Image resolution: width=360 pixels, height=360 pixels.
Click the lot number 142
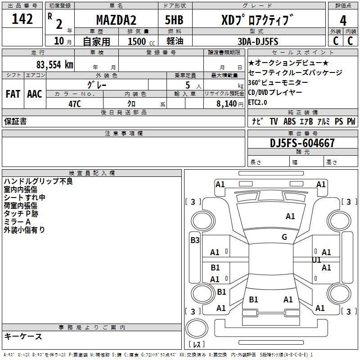(22, 19)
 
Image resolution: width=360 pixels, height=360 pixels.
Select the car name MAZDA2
(116, 20)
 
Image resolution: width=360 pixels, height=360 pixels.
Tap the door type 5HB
(174, 20)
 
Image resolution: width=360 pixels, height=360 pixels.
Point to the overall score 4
(343, 21)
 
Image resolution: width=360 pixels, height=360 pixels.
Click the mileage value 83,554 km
(54, 65)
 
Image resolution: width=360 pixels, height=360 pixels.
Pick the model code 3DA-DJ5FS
(258, 41)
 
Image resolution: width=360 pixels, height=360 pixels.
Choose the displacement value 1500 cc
(141, 41)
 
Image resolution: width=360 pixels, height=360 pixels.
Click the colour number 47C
(75, 104)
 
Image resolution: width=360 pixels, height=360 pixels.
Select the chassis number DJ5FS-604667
(302, 143)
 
